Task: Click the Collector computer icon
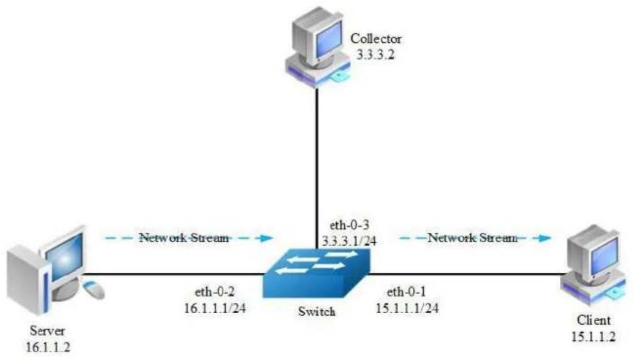pos(318,48)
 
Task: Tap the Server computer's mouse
pos(94,289)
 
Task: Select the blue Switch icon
pos(316,274)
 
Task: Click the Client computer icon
pos(593,265)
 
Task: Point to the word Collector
pos(376,39)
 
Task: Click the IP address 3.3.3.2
pos(376,54)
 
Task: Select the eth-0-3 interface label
pos(350,225)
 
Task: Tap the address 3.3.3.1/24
pos(349,241)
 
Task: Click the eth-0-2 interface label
pos(215,291)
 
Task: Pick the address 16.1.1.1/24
pos(215,308)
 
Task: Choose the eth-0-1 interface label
pos(406,291)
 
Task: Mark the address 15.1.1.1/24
pos(407,308)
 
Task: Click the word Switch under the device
pos(316,312)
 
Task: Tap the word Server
pos(47,331)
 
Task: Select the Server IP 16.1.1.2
pos(48,346)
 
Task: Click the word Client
pos(594,320)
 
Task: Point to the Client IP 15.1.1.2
pos(594,336)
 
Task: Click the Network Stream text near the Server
pos(184,238)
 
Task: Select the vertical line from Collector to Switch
pos(317,169)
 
